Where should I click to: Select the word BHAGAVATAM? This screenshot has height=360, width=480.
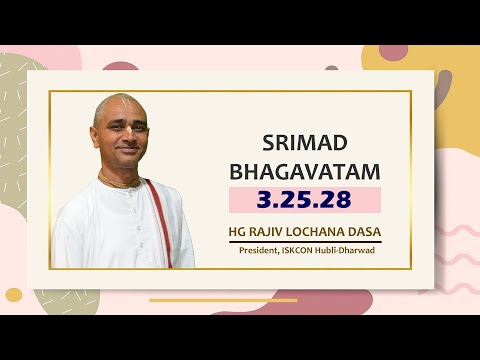[x=305, y=171]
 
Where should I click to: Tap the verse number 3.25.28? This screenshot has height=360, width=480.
[x=304, y=199]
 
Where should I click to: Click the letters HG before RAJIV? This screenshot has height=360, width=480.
[x=240, y=231]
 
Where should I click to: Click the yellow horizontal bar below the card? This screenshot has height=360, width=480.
[x=223, y=299]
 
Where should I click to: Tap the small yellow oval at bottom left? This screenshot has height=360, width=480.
[x=14, y=295]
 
